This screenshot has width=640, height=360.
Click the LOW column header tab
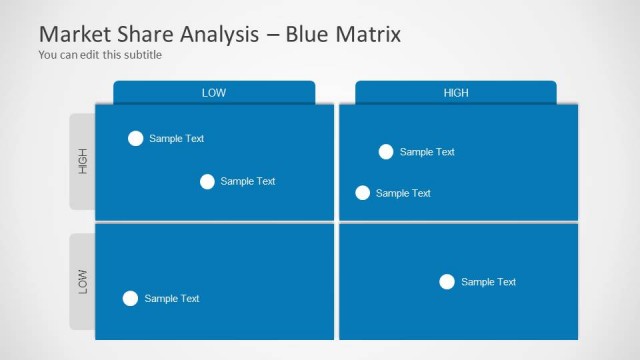tap(214, 93)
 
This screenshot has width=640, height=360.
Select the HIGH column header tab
tap(456, 93)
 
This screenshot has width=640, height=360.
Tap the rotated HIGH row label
tap(83, 161)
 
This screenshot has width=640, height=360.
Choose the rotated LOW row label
tap(83, 281)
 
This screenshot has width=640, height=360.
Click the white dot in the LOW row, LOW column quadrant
tap(130, 298)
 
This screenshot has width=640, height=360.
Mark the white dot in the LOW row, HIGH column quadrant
tap(447, 282)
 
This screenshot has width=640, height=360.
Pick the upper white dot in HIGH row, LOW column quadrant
tap(136, 138)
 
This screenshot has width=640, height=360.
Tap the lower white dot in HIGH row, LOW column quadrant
tap(207, 181)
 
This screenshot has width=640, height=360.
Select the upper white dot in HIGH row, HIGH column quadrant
tap(386, 152)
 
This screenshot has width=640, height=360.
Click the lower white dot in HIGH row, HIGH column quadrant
tap(363, 193)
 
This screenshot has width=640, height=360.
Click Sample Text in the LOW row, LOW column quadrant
tap(172, 298)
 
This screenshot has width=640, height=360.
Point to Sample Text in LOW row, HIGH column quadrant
tap(489, 282)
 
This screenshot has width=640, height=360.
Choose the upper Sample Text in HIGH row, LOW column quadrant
tap(177, 139)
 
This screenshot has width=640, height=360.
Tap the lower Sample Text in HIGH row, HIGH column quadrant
tap(403, 193)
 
